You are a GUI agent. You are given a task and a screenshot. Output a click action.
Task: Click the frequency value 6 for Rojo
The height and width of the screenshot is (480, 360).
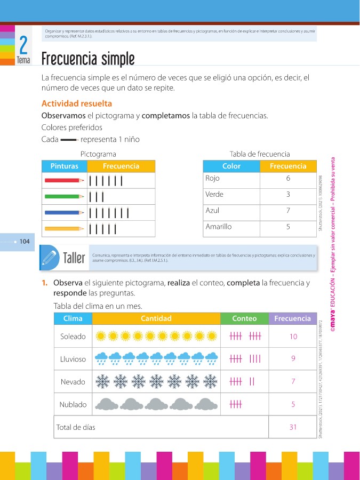tap(288, 179)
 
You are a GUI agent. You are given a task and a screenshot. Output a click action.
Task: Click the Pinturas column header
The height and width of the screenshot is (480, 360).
tap(64, 166)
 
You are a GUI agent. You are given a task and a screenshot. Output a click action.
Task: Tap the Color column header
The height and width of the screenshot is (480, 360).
tap(231, 166)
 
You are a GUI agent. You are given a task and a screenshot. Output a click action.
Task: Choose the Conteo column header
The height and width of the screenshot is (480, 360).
tap(244, 318)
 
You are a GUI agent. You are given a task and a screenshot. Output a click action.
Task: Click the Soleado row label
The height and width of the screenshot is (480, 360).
tap(73, 337)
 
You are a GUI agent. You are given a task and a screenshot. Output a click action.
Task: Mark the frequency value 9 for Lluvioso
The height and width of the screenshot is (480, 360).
tap(293, 359)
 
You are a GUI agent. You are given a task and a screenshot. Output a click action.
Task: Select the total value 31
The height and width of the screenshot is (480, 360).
tap(293, 427)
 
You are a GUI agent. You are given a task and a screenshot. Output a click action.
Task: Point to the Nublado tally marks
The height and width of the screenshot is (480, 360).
tap(236, 405)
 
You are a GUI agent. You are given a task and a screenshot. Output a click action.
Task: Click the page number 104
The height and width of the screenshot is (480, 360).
tap(24, 242)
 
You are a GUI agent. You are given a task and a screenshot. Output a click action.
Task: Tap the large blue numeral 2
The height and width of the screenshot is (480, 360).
tap(23, 44)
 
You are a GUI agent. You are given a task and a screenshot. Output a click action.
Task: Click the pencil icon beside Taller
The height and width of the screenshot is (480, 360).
tap(49, 258)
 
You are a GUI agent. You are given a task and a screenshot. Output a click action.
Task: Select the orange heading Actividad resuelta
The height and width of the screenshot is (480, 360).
tap(77, 103)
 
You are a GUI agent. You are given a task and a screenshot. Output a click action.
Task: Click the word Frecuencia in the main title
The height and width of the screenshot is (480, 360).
tap(67, 58)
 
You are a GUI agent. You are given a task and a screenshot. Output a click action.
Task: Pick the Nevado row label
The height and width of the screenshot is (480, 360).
tap(73, 382)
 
